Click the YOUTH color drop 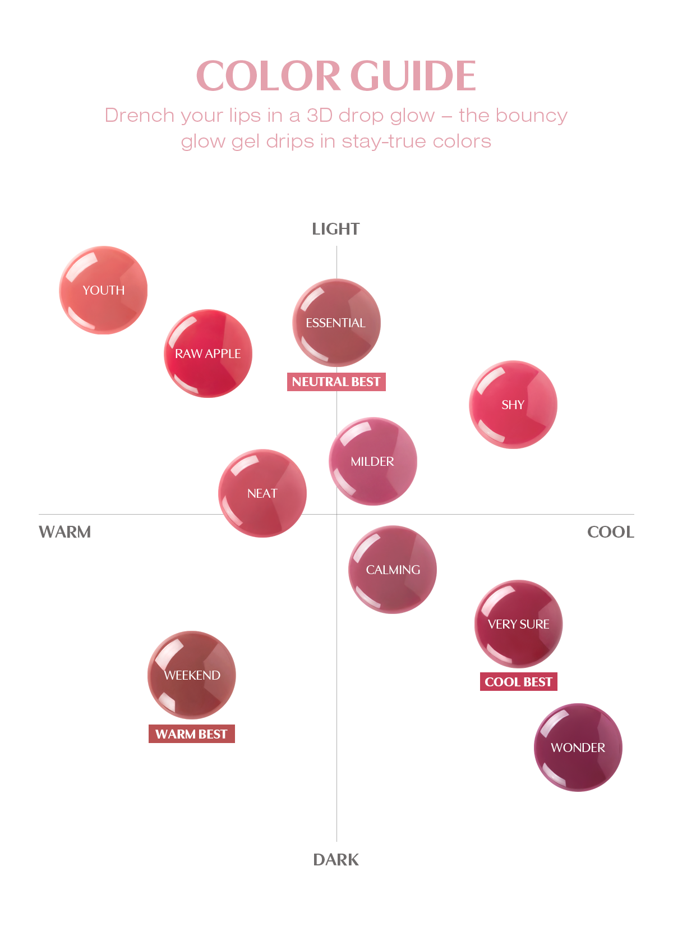point(103,290)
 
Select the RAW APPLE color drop point(208,354)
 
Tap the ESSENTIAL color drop point(336,323)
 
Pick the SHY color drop point(513,405)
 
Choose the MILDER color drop point(373,461)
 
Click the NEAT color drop point(262,493)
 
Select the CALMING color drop point(393,570)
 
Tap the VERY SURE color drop point(519,624)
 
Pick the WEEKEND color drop point(192,675)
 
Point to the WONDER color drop point(578,748)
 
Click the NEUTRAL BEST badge point(336,382)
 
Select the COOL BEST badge point(519,682)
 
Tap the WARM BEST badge point(192,734)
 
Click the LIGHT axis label point(336,229)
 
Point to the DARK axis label point(336,860)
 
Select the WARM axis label point(65,532)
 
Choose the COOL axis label point(611,532)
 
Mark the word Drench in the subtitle point(140,116)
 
